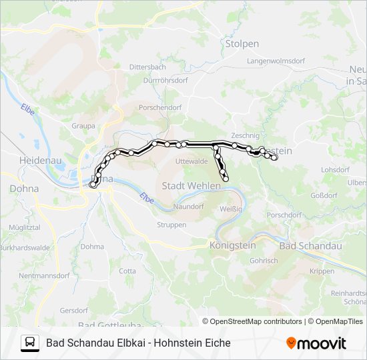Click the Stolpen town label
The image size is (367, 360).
pos(242,44)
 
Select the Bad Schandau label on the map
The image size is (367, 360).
pos(310,246)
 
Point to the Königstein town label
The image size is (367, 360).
pos(232,245)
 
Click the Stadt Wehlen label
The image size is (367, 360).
pos(192,185)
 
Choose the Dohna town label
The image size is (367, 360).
pos(24,189)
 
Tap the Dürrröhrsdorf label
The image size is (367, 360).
pos(165,80)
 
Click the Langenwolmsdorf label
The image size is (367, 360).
pos(275,61)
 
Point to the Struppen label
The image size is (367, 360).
pos(171,225)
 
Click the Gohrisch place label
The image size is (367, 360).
pos(263,261)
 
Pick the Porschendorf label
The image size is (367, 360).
pos(159,107)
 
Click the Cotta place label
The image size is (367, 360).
pos(127,271)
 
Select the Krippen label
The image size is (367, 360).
pos(322,271)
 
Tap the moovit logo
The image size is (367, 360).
pos(316,343)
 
